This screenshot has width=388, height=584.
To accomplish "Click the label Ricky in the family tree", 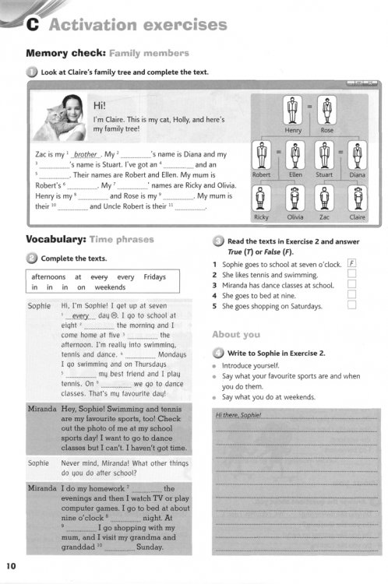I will tap(262, 218).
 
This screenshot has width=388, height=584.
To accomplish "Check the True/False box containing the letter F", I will tap(351, 264).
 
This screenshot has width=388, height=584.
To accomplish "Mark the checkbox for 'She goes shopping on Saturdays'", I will tap(351, 306).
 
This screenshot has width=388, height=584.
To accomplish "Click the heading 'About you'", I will tap(236, 334).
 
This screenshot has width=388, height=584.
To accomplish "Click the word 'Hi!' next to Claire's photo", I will tap(100, 104).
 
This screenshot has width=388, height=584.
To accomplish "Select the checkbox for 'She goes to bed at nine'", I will tap(351, 296).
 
